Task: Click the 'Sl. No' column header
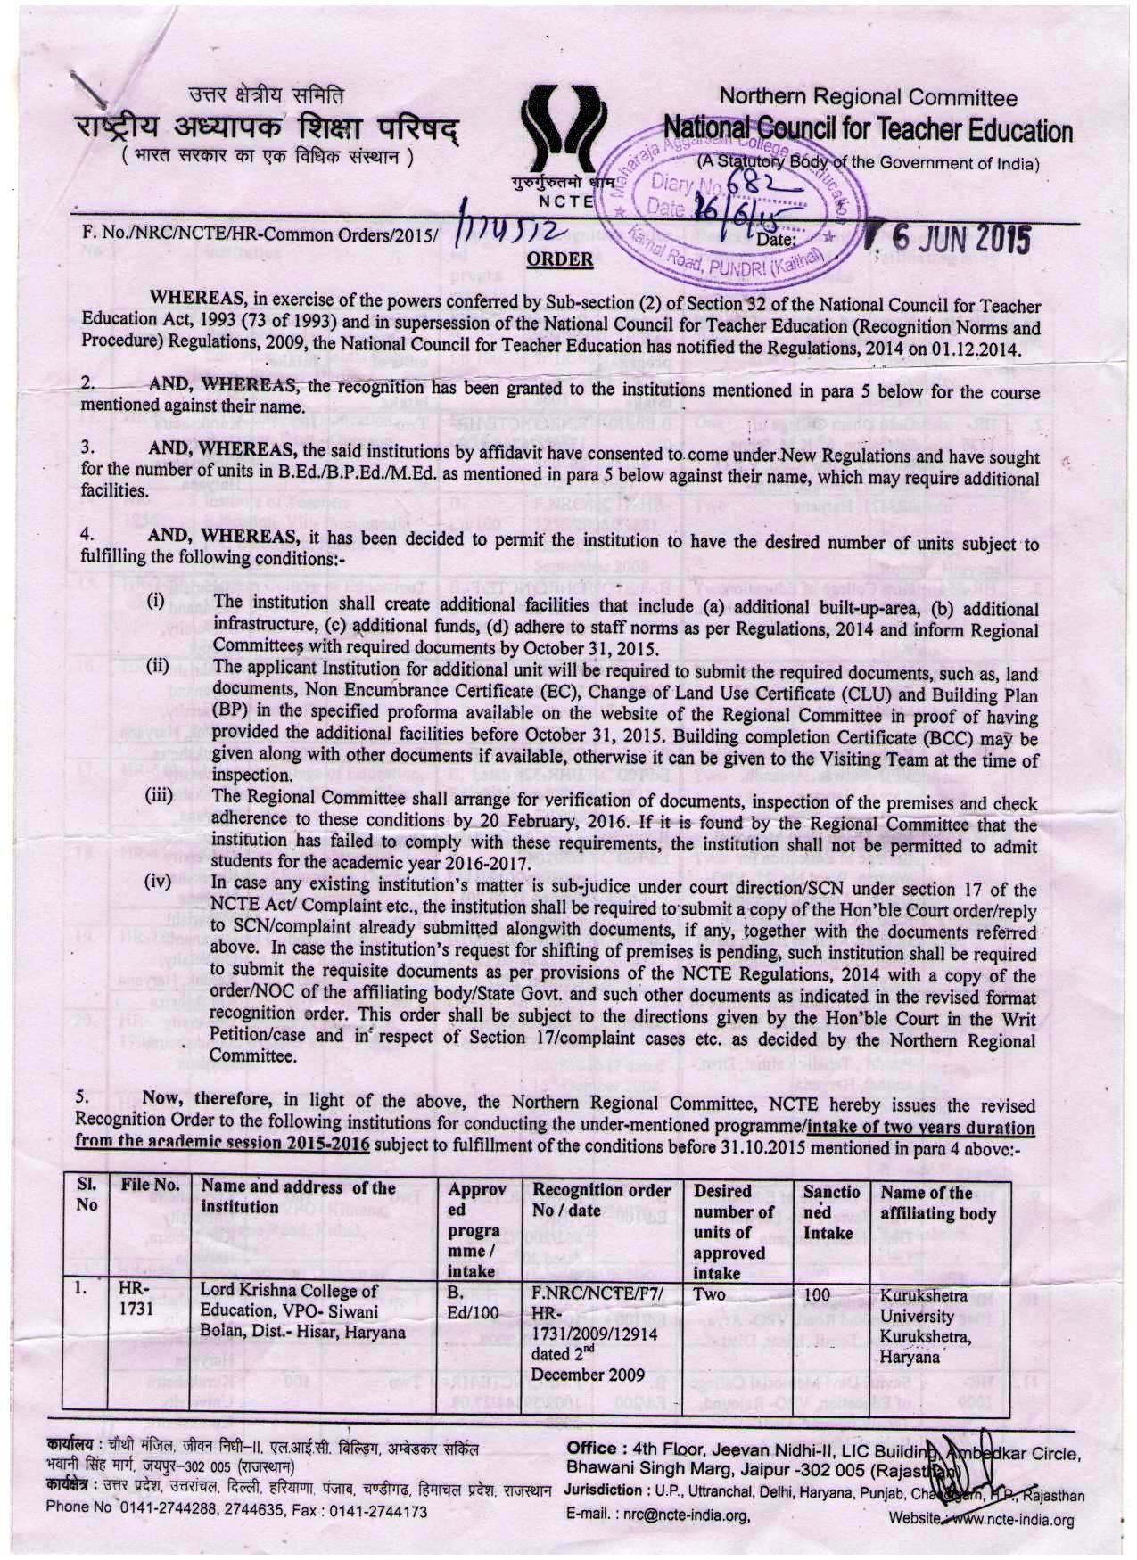coord(87,1196)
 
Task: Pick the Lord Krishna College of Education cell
coord(302,1311)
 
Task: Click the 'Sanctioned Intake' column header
coord(831,1212)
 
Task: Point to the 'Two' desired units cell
coord(711,1294)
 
